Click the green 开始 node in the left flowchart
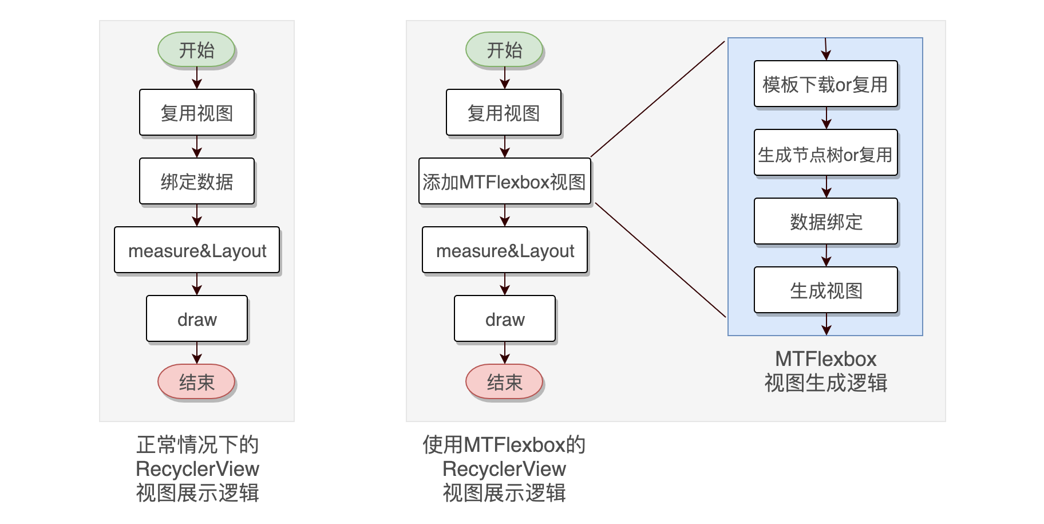[196, 50]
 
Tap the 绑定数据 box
[196, 182]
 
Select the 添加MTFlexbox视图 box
[504, 182]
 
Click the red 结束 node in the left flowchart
[196, 382]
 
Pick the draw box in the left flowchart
[196, 319]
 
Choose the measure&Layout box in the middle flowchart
[504, 250]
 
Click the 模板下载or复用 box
[825, 84]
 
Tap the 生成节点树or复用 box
[825, 153]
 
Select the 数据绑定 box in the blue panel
[825, 222]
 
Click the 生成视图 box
[825, 290]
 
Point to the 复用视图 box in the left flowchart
[196, 113]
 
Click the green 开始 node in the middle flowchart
[504, 50]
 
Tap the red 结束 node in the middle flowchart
[504, 382]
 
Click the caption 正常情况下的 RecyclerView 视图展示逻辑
[197, 468]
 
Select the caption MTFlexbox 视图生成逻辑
[825, 371]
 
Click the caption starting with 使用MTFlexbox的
[504, 468]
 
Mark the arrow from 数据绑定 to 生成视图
[826, 255]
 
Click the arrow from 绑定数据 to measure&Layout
[197, 215]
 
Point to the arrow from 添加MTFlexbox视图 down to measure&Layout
[505, 215]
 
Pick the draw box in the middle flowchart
[504, 319]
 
